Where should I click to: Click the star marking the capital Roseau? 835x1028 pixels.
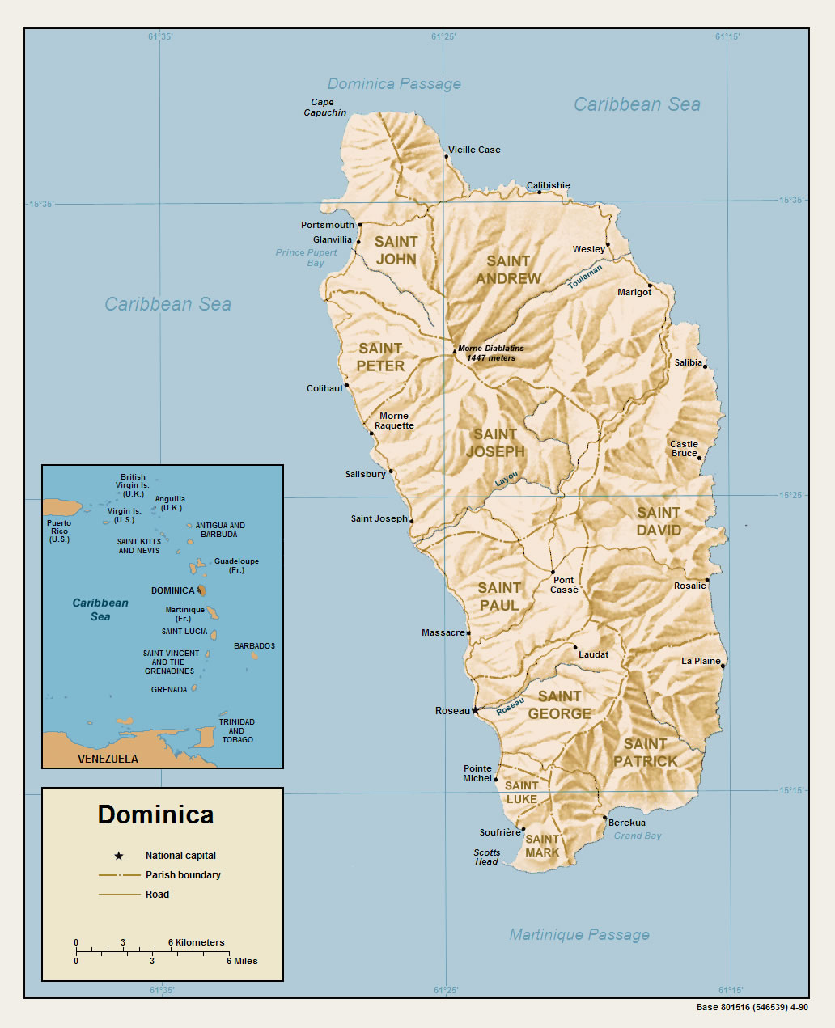(475, 710)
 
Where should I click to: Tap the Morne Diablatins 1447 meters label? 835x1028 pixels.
(490, 353)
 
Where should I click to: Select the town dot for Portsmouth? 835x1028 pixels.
(360, 225)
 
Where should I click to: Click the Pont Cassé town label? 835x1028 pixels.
(564, 585)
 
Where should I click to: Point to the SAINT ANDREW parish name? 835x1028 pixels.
(508, 269)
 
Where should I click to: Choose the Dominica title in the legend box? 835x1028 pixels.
(155, 814)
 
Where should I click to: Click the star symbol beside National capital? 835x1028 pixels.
(119, 856)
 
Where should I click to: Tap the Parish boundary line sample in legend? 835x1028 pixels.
(119, 875)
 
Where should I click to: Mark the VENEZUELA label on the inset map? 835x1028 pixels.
(108, 759)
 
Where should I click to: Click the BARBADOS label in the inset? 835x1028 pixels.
(254, 646)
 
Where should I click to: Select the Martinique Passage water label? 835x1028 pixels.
(579, 935)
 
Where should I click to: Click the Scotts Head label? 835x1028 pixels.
(487, 857)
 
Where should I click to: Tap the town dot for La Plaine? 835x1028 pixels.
(723, 666)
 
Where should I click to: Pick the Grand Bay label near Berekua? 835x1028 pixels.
(637, 836)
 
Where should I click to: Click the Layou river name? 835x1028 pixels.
(506, 479)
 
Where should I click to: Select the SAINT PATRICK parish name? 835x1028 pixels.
(645, 752)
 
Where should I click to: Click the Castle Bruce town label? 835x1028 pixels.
(684, 449)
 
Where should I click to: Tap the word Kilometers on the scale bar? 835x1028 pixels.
(200, 942)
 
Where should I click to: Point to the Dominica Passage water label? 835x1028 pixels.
(394, 84)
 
